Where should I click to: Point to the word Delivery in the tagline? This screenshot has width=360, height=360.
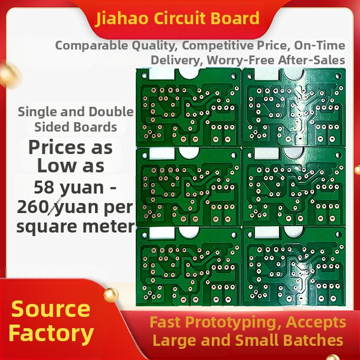tap(177, 60)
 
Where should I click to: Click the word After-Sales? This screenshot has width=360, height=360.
tap(312, 60)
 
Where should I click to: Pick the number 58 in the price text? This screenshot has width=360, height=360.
tap(44, 187)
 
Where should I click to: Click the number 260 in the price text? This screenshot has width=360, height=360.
tap(32, 207)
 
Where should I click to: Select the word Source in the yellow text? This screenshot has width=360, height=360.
tap(51, 309)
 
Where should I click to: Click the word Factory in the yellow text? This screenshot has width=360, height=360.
tap(51, 333)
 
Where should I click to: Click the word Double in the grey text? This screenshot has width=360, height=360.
tap(111, 112)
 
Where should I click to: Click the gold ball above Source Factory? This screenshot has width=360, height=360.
tap(111, 295)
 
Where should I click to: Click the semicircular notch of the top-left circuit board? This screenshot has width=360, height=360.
tap(188, 73)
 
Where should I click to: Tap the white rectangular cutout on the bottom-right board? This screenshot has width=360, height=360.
tap(267, 232)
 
